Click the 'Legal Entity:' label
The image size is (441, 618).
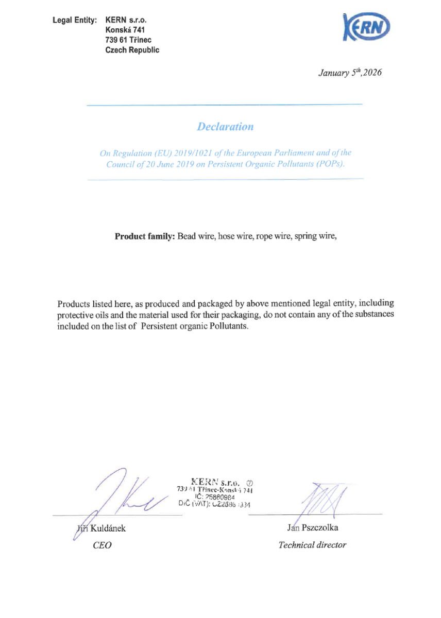(x=75, y=20)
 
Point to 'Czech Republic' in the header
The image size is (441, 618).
(x=132, y=50)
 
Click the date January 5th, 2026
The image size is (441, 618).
(x=350, y=73)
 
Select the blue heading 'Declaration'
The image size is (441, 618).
(x=225, y=126)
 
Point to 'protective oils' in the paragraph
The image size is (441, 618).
(x=81, y=315)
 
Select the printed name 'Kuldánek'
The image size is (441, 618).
(x=108, y=528)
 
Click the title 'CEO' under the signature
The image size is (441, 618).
(x=101, y=545)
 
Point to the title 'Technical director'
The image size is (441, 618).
(x=312, y=545)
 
